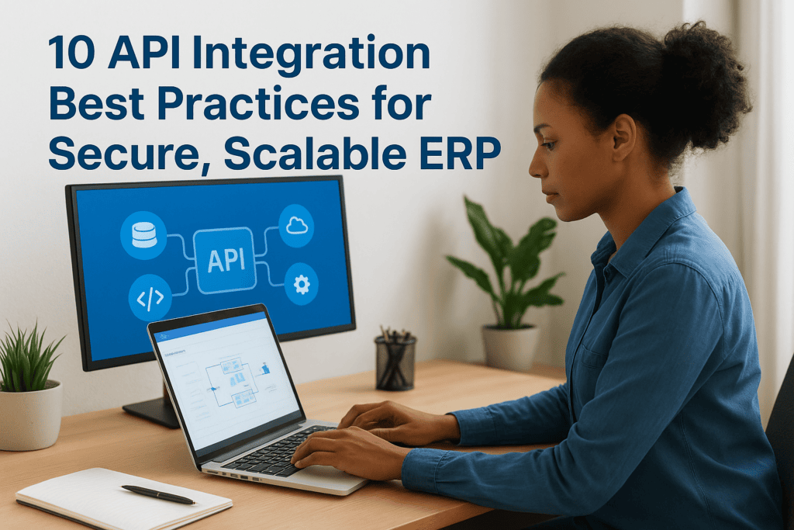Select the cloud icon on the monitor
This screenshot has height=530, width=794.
tap(297, 226)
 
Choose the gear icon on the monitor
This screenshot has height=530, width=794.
tap(301, 285)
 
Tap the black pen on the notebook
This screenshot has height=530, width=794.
tap(158, 494)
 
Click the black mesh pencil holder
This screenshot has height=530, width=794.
tap(395, 362)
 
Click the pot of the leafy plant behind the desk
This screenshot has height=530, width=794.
tap(510, 346)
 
